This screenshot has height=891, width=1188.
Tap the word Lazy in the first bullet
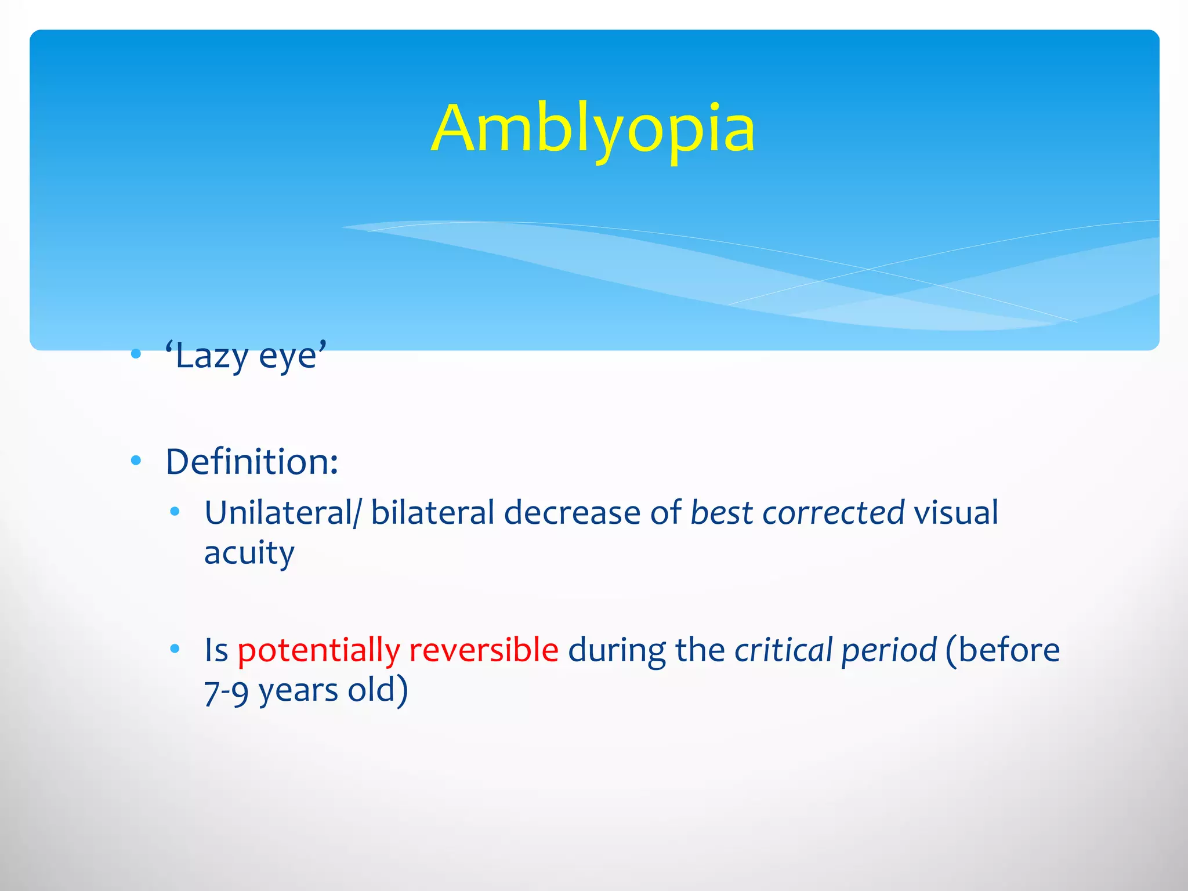211,356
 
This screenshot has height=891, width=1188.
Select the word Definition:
252,462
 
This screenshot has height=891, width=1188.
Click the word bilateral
432,513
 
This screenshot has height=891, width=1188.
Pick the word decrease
572,513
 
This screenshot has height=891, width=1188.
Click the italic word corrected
833,513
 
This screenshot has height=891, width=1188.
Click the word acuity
249,553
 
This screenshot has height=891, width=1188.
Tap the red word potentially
318,650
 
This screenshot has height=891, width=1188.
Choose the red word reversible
484,650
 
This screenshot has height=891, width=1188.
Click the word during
617,650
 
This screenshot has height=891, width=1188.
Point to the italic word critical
783,650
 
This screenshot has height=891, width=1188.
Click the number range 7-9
226,691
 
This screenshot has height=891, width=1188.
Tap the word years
298,691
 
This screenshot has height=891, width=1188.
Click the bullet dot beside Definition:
136,461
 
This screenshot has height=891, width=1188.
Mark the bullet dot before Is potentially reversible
175,649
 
